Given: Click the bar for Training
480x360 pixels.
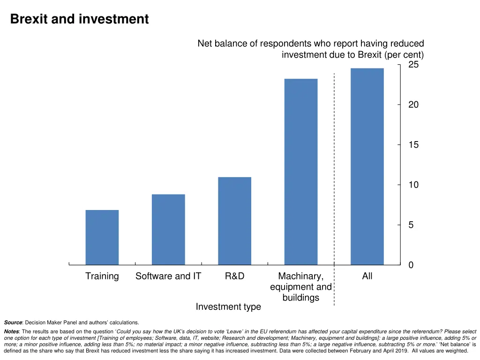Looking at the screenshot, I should click(102, 237).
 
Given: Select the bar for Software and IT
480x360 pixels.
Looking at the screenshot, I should click(168, 229).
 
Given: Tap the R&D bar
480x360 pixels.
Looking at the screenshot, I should click(234, 221).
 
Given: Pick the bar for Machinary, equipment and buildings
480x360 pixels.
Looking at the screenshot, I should click(300, 172).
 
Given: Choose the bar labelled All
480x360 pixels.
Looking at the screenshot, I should click(367, 166).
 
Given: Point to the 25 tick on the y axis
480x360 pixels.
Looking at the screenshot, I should click(413, 65).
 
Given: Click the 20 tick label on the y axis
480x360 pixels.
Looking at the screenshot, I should click(413, 105).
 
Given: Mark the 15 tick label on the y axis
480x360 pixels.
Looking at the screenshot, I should click(413, 145).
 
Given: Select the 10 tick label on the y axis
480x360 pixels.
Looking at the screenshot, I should click(413, 185).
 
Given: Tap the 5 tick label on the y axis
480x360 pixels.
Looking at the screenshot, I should click(411, 225).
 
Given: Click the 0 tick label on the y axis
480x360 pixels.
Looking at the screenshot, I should click(411, 265).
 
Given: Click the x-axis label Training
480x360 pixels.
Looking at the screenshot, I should click(102, 276).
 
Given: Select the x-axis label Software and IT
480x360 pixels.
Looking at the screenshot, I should click(168, 276).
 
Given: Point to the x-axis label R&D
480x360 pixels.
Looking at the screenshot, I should click(234, 276).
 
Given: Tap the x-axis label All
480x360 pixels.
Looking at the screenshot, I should click(367, 276).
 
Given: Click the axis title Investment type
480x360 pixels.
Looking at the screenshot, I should click(228, 307).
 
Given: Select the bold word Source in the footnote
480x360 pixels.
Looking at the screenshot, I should click(13, 322).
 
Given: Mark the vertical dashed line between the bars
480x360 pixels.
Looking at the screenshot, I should click(334, 187).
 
